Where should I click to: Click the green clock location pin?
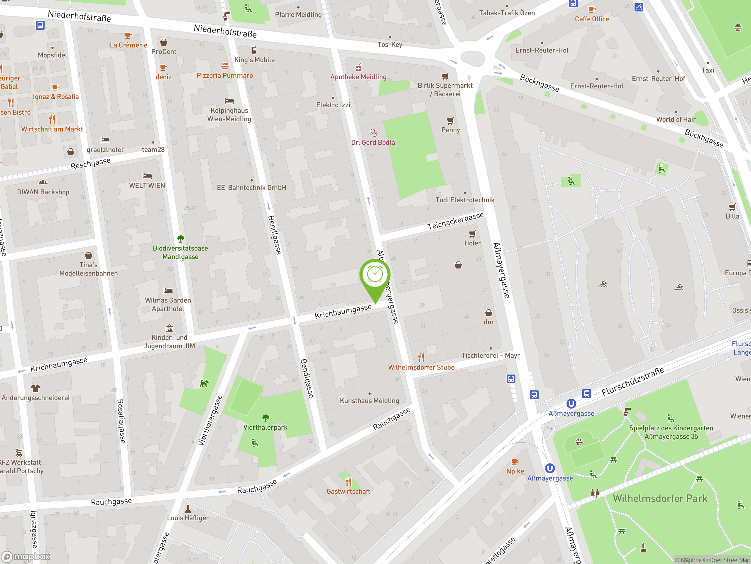point(375,275)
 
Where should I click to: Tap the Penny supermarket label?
point(451,130)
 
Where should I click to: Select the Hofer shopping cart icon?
point(473,234)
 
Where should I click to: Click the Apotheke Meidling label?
point(358,77)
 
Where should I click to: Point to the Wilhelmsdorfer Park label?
point(660,498)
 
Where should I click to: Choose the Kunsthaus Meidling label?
point(369,400)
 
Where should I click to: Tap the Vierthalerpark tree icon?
point(266,417)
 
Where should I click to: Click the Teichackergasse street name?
point(455,221)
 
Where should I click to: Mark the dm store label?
point(488,322)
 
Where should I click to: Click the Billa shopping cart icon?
point(732,207)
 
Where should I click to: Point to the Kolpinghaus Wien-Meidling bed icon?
point(229,101)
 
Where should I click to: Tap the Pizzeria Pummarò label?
point(225,75)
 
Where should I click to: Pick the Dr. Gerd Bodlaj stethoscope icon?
point(374,132)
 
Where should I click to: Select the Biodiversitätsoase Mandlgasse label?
point(180,252)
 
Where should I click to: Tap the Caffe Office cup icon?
point(592,9)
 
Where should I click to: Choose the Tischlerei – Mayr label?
point(490,355)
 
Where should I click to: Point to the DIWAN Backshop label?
point(43,192)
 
